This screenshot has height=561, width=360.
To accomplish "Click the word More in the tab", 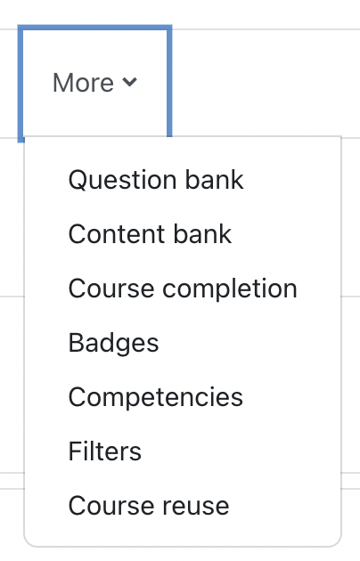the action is click(83, 83).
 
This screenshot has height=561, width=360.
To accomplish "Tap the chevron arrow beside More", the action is click(129, 82).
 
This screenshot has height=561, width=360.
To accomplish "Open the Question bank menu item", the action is click(156, 180).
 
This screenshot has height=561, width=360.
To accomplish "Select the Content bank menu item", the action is click(150, 234).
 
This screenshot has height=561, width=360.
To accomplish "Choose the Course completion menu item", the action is click(183, 289).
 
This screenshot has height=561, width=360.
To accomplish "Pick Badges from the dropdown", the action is click(113, 344).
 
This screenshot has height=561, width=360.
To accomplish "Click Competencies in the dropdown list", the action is click(156, 397).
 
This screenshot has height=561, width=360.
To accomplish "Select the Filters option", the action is click(105, 451).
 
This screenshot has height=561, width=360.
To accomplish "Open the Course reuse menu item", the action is click(149, 506).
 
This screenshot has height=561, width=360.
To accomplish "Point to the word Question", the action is click(123, 180).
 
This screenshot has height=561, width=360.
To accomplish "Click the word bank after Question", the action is click(215, 179).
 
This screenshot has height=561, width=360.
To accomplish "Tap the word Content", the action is click(117, 234).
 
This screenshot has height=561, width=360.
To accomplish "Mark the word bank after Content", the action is click(203, 234).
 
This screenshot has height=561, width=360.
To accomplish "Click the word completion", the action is click(230, 289).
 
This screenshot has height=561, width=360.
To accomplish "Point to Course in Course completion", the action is click(111, 289).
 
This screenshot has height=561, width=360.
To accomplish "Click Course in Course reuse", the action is click(111, 506).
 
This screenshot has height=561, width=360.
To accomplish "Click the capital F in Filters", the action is click(75, 451).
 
